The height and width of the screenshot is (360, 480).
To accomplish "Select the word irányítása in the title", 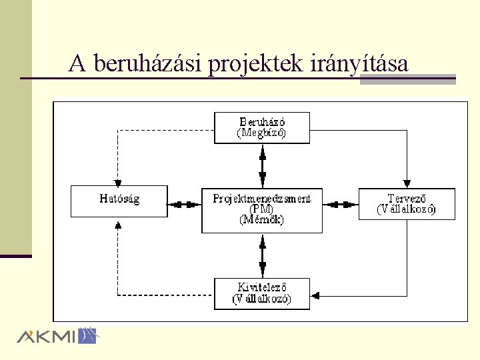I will pos(359,64).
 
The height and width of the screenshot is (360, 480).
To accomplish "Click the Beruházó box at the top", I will pos(262,127).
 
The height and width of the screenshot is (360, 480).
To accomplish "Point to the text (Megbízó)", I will pos(262,133).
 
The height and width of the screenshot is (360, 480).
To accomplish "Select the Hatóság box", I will pos(119,201).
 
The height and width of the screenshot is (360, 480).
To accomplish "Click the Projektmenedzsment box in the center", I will pos(262,210).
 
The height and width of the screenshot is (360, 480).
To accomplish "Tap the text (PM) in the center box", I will pos(262,209).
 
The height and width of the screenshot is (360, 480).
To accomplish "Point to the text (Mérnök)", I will pos(262,220).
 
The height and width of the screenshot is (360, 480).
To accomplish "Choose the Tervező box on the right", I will pos(407,203).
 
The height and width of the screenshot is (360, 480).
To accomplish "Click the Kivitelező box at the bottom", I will pos(262,293).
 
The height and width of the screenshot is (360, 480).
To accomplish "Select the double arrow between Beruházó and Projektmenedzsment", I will pos(262,165).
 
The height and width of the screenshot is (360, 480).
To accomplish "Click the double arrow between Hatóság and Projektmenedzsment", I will pos(185,203).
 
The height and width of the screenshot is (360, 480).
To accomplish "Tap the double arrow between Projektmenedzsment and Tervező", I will pos(341,203).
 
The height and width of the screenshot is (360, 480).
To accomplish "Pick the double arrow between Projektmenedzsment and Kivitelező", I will pos(262,255).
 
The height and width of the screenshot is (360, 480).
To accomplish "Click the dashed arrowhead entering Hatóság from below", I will pos(117,223).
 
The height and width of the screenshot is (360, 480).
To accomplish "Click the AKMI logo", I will pos(57,335).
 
